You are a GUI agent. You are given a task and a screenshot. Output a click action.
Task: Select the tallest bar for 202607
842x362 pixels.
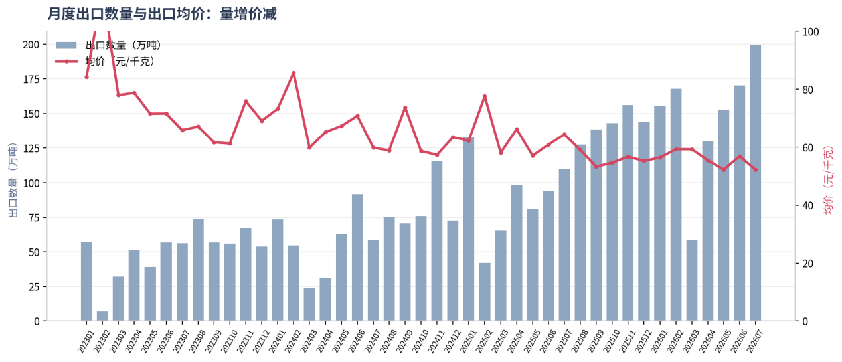755,183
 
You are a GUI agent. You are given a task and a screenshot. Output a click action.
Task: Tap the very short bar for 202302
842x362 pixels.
102,316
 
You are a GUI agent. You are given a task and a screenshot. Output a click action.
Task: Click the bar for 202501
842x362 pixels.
468,229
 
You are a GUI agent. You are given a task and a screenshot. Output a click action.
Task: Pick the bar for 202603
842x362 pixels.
692,280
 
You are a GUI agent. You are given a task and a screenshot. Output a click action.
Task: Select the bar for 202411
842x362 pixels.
437,241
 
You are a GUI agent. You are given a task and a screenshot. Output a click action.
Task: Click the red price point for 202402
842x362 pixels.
294,73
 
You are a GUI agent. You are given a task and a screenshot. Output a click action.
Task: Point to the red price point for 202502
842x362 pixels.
485,96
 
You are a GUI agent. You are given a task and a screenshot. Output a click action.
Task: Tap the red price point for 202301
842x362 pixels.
86,77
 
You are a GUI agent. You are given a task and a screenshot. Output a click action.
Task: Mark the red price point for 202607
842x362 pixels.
756,170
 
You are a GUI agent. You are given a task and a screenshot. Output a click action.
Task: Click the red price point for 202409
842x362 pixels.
405,108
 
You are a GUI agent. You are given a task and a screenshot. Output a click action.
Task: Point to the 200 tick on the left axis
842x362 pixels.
31,45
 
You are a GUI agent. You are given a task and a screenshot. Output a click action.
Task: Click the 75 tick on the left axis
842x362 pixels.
34,218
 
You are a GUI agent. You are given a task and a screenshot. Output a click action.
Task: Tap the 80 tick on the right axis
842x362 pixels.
807,90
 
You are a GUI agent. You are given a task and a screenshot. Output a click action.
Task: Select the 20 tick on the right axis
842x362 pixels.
807,264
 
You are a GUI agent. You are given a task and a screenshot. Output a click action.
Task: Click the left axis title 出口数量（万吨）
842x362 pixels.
13,180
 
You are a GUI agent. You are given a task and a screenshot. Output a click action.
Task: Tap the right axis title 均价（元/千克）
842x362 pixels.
829,181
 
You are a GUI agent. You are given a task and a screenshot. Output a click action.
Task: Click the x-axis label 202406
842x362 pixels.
356,341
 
